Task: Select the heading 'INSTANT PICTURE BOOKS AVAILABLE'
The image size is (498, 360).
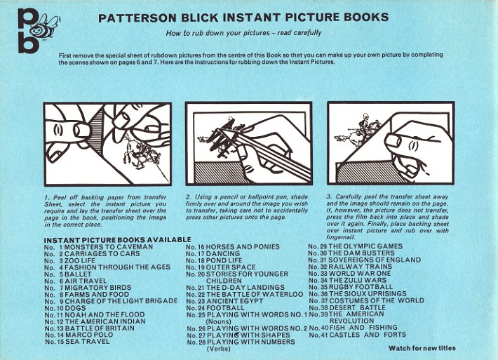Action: click(x=118, y=240)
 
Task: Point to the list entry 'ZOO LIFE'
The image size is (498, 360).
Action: click(x=80, y=260)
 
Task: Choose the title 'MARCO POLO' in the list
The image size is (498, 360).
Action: click(x=89, y=335)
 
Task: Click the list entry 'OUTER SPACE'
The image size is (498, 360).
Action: click(x=231, y=267)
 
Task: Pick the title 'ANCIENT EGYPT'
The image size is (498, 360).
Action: click(x=235, y=301)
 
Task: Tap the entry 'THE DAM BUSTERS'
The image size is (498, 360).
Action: click(x=361, y=253)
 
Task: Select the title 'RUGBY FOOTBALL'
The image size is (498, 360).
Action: click(x=361, y=287)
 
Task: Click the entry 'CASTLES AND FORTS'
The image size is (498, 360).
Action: click(x=368, y=335)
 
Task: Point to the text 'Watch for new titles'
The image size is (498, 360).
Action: click(x=422, y=348)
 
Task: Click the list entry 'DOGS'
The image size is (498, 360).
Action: click(x=75, y=308)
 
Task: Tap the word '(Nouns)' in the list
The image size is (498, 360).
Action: click(x=219, y=321)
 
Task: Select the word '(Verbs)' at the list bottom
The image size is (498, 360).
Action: click(x=219, y=349)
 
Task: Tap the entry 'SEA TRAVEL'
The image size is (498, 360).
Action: click(x=88, y=342)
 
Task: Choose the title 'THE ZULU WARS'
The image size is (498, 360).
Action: click(x=358, y=280)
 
